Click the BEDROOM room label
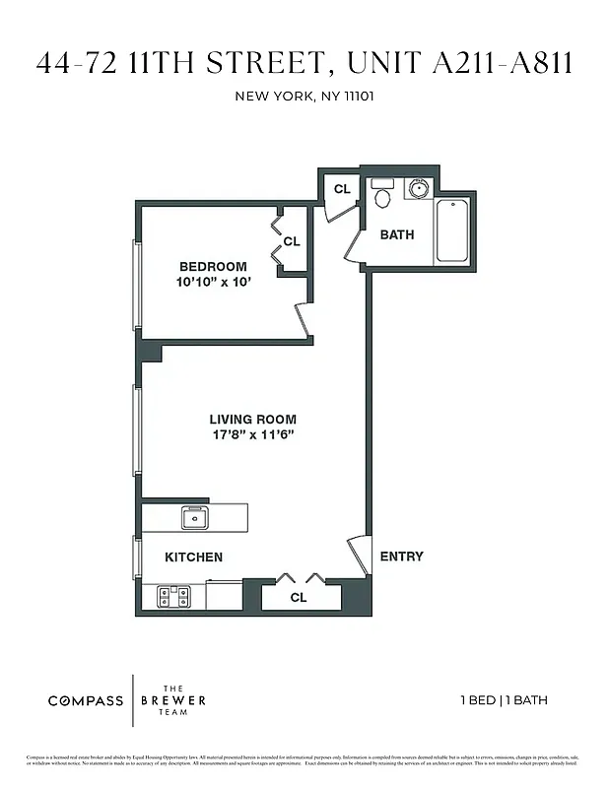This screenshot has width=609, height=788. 213,267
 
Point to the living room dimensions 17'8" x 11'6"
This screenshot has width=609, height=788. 252,434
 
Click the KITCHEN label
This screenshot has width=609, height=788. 193,558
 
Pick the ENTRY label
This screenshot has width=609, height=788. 402,557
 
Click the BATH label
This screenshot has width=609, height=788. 397,234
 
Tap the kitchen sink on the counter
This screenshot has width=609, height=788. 194,516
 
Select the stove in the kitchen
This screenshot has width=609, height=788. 174,596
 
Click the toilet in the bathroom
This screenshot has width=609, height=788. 382,195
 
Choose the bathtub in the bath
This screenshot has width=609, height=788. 452,230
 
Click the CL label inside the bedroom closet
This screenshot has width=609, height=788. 292,241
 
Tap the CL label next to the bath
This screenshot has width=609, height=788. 342,189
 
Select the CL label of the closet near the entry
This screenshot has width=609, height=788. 299,597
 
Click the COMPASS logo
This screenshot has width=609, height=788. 86,701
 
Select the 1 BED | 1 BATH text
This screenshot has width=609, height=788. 504,701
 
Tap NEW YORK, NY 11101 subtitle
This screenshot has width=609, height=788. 304,97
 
